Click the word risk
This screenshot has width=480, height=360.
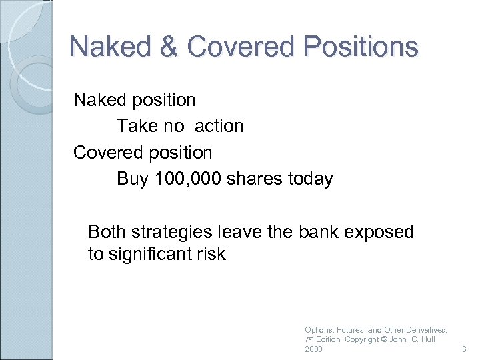(x=211, y=254)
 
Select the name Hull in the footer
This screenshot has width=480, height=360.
(x=427, y=339)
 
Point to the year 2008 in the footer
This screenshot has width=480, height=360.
(x=313, y=349)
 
